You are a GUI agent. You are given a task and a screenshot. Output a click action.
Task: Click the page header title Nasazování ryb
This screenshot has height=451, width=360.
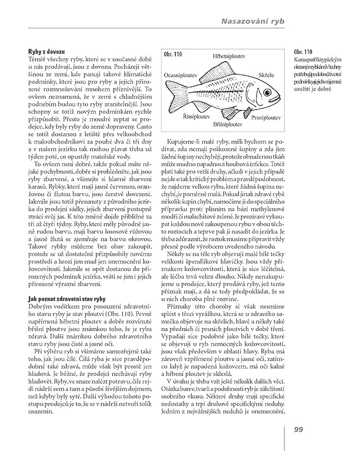[253, 21]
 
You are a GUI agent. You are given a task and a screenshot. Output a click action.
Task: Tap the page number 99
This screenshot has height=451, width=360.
[299, 430]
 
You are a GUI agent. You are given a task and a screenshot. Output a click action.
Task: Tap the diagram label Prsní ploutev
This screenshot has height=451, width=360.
[266, 117]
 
